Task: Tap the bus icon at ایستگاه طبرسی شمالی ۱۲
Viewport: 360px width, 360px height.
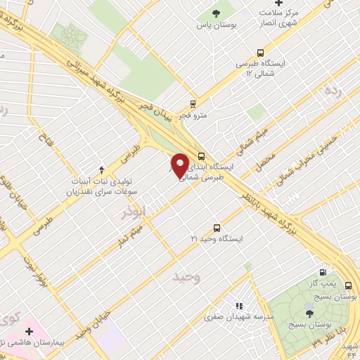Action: [261, 53]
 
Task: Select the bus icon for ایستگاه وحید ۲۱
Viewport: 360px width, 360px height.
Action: [217, 228]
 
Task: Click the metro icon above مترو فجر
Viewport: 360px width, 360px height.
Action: [193, 103]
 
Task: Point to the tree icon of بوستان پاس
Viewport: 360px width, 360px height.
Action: [215, 14]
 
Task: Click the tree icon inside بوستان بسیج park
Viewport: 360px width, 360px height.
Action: [311, 314]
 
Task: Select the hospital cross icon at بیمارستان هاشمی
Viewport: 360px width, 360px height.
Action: [29, 330]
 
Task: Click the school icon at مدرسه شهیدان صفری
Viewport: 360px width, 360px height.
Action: [240, 306]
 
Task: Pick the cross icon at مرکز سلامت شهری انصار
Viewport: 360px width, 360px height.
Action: [278, 4]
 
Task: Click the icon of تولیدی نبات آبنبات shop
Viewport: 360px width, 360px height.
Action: [102, 169]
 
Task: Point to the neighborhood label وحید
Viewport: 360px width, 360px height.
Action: [186, 276]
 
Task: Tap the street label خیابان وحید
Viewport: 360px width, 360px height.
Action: [94, 325]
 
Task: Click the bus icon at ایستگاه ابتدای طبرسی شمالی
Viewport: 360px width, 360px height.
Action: [202, 157]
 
